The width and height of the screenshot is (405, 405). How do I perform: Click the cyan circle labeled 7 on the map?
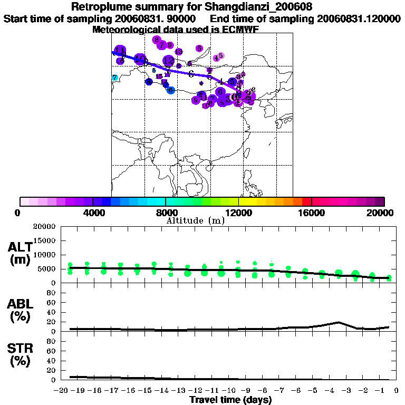pos(114,78)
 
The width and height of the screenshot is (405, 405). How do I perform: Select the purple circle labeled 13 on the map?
pos(178,52)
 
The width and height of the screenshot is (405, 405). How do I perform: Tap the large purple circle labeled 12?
pos(168,61)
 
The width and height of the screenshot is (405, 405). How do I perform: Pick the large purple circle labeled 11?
pos(120,51)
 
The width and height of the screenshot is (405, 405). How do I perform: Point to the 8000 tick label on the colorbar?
pos(165,213)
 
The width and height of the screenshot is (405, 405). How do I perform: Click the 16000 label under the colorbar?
pos(311,213)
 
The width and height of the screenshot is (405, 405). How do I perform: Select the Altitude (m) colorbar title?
pos(195,220)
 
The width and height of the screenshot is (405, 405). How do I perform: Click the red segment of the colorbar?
pos(306,201)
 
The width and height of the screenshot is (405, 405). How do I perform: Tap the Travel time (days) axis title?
pos(230,400)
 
